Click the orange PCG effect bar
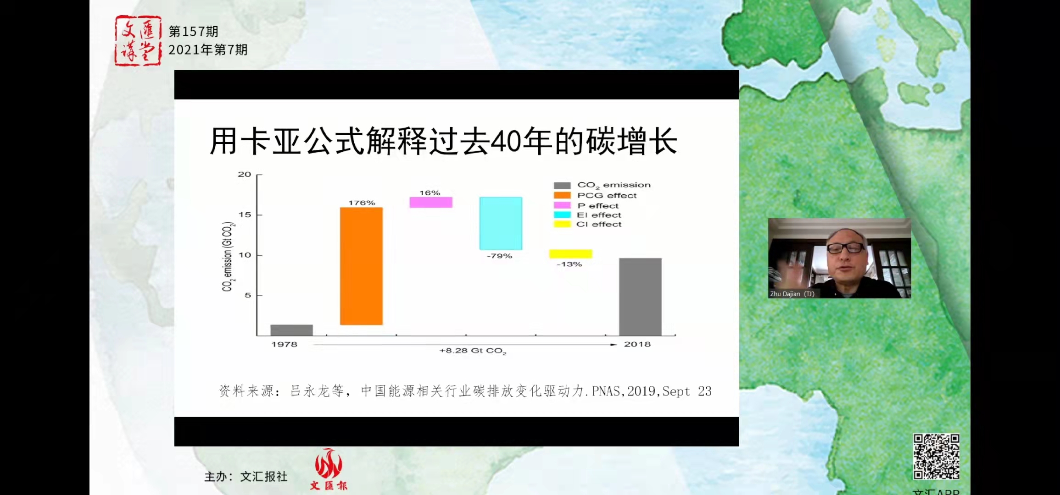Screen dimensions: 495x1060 pos(361,266)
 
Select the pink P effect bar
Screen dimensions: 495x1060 pos(431,202)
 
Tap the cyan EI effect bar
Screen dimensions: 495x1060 pos(501,223)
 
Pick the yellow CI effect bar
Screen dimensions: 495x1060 pos(570,253)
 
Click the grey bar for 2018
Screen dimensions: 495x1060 pos(640,297)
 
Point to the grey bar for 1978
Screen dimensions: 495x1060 pos(291,330)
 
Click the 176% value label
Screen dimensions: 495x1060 pos(362,203)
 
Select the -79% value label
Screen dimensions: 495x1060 pos(499,256)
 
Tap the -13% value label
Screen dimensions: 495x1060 pos(569,264)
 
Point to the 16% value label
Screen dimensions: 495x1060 pos(430,193)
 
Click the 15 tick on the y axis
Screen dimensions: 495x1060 pos(245,214)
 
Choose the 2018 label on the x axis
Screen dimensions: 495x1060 pos(637,344)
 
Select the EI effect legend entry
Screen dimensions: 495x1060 pos(599,215)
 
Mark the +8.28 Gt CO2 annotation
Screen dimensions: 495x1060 pos(473,351)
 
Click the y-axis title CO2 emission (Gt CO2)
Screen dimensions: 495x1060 pos(228,256)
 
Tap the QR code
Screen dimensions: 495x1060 pos(936,456)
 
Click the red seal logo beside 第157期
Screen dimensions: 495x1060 pos(138,41)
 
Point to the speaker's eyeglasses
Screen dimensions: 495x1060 pos(845,248)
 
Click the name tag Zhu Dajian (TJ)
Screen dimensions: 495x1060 pos(792,294)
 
